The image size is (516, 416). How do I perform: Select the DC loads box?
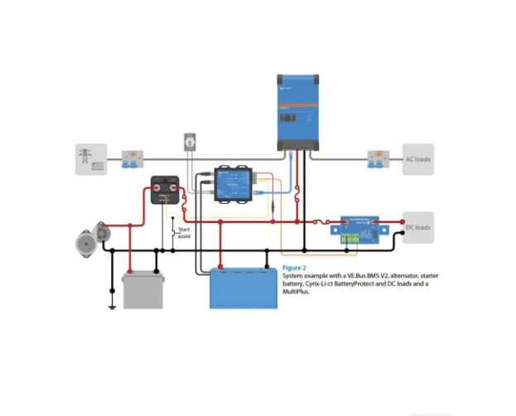tap(417, 227)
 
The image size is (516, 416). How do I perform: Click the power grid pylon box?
tap(91, 159)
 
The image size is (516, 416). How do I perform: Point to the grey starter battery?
tap(142, 289)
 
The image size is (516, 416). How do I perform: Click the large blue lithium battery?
tap(244, 288)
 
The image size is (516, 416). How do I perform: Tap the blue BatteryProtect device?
tap(360, 229)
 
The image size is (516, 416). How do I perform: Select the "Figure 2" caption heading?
tap(294, 268)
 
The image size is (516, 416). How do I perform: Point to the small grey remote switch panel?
tap(190, 143)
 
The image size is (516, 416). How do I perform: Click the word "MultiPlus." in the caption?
tap(297, 293)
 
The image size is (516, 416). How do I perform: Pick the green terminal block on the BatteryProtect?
tap(354, 237)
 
